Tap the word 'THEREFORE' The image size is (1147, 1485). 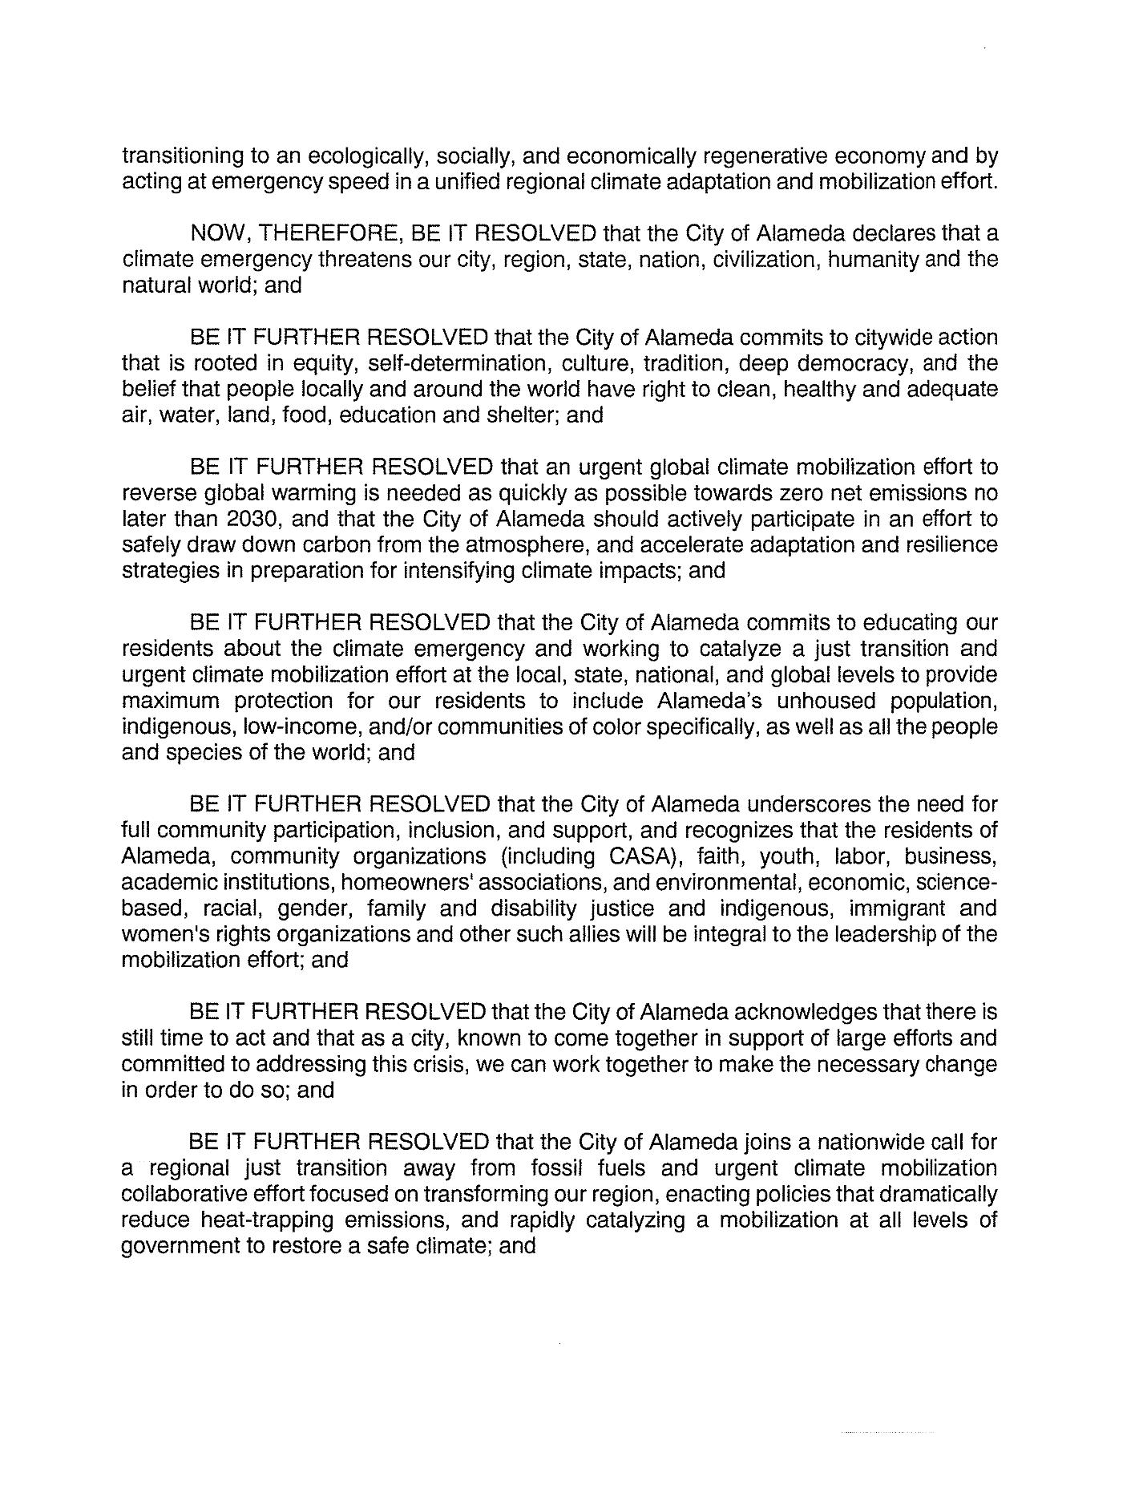point(331,234)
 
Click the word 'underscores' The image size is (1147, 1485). point(834,804)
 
